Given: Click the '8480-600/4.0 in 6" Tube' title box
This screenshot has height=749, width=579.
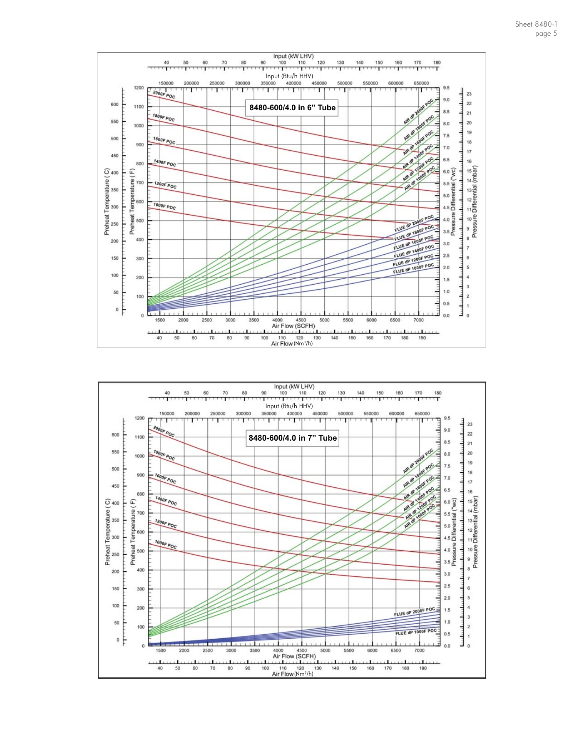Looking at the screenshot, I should [292, 108].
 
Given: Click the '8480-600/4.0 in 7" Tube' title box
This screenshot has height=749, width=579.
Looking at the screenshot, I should [292, 438].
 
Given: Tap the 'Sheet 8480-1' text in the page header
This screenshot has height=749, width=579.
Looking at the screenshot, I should [536, 24].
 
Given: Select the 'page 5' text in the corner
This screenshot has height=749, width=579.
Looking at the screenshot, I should [546, 34].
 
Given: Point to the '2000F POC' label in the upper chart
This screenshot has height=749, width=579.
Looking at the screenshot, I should [164, 95].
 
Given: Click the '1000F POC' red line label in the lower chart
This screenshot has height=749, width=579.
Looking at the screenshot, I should [166, 544].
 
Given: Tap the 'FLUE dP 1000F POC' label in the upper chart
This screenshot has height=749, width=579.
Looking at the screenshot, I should [413, 269].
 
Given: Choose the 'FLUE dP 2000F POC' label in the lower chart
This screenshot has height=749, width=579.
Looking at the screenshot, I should [414, 612].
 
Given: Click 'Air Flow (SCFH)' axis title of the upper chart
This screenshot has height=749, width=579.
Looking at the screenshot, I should [293, 326].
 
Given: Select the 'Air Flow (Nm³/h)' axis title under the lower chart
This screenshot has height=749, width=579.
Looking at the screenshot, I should [293, 674].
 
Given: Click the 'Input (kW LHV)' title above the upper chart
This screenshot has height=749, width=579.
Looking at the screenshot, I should [293, 56].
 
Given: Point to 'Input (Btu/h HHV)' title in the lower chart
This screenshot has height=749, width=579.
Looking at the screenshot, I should [289, 406].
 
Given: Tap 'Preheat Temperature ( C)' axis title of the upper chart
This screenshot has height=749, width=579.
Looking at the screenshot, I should [107, 201].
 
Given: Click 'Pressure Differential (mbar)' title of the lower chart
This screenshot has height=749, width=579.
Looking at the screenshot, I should [475, 532].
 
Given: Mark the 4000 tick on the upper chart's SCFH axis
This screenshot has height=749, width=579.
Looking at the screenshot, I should [277, 320].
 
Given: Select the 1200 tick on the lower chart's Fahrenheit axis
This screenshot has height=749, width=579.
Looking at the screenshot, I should [139, 418].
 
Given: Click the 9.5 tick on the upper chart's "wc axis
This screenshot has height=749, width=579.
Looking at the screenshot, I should [446, 88].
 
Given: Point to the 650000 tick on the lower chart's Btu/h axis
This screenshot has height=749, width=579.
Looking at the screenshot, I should [422, 414].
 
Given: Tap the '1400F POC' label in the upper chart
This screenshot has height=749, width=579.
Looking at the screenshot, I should [165, 163].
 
